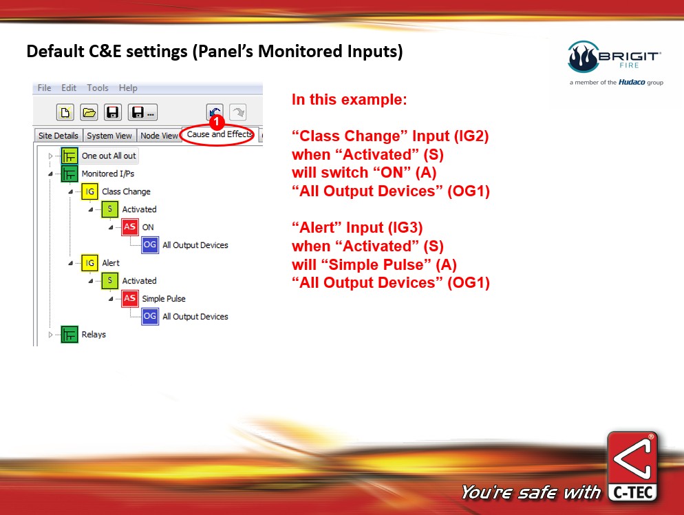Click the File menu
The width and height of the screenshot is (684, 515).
click(x=44, y=87)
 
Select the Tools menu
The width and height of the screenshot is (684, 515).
click(x=98, y=87)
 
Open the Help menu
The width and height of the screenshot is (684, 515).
click(x=128, y=87)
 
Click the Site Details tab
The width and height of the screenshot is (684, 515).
click(x=58, y=136)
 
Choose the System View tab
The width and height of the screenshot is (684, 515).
click(x=109, y=136)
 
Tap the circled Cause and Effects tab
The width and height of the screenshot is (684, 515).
click(x=220, y=134)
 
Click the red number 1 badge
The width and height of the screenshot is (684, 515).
click(x=216, y=122)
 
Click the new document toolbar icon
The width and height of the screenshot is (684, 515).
click(x=65, y=113)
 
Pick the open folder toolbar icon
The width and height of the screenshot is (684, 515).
click(x=89, y=113)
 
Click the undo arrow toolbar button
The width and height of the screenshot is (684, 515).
click(x=215, y=111)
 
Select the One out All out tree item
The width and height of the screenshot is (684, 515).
click(x=109, y=156)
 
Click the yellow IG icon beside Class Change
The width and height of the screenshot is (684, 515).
click(x=89, y=191)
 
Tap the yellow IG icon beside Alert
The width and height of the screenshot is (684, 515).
click(x=89, y=263)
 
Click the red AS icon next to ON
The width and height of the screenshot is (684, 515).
click(x=129, y=227)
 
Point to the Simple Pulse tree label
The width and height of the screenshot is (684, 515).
click(x=164, y=299)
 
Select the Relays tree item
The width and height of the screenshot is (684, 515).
click(x=94, y=335)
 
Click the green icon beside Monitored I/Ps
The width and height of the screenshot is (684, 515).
click(x=70, y=174)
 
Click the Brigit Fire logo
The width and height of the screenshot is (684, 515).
click(x=615, y=62)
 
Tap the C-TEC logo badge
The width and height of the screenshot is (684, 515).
click(x=632, y=466)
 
